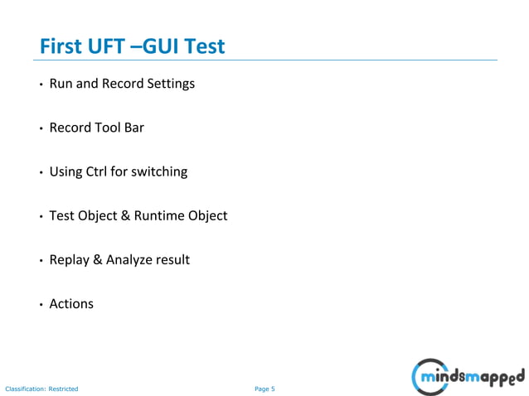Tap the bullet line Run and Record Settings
point(122,84)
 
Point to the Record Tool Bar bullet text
point(97,128)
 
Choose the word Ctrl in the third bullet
point(98,171)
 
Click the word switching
point(160,171)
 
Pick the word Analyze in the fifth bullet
point(132,259)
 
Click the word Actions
point(71,303)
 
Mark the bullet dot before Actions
point(40,305)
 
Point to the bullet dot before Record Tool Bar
point(40,129)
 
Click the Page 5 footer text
point(264,389)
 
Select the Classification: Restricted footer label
point(41,389)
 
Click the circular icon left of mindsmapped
point(425,378)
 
